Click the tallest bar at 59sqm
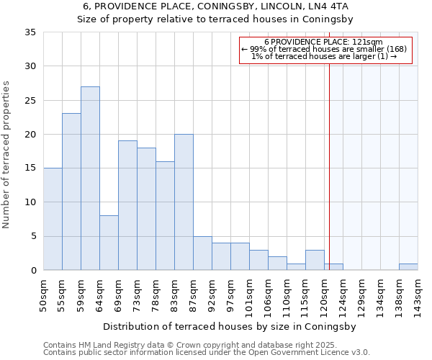[90, 179]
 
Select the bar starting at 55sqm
[71, 192]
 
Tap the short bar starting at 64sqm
[109, 243]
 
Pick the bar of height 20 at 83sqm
[184, 202]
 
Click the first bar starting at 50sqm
[53, 219]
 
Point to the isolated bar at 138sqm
[408, 267]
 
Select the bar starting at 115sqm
[315, 260]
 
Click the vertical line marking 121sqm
[330, 158]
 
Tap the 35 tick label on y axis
[30, 32]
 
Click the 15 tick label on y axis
[30, 168]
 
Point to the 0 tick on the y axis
[33, 271]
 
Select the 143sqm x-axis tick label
[418, 296]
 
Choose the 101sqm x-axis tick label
[250, 296]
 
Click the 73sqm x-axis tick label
[138, 296]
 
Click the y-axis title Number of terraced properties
[6, 154]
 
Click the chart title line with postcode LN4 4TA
[216, 6]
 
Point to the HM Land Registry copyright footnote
[186, 345]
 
